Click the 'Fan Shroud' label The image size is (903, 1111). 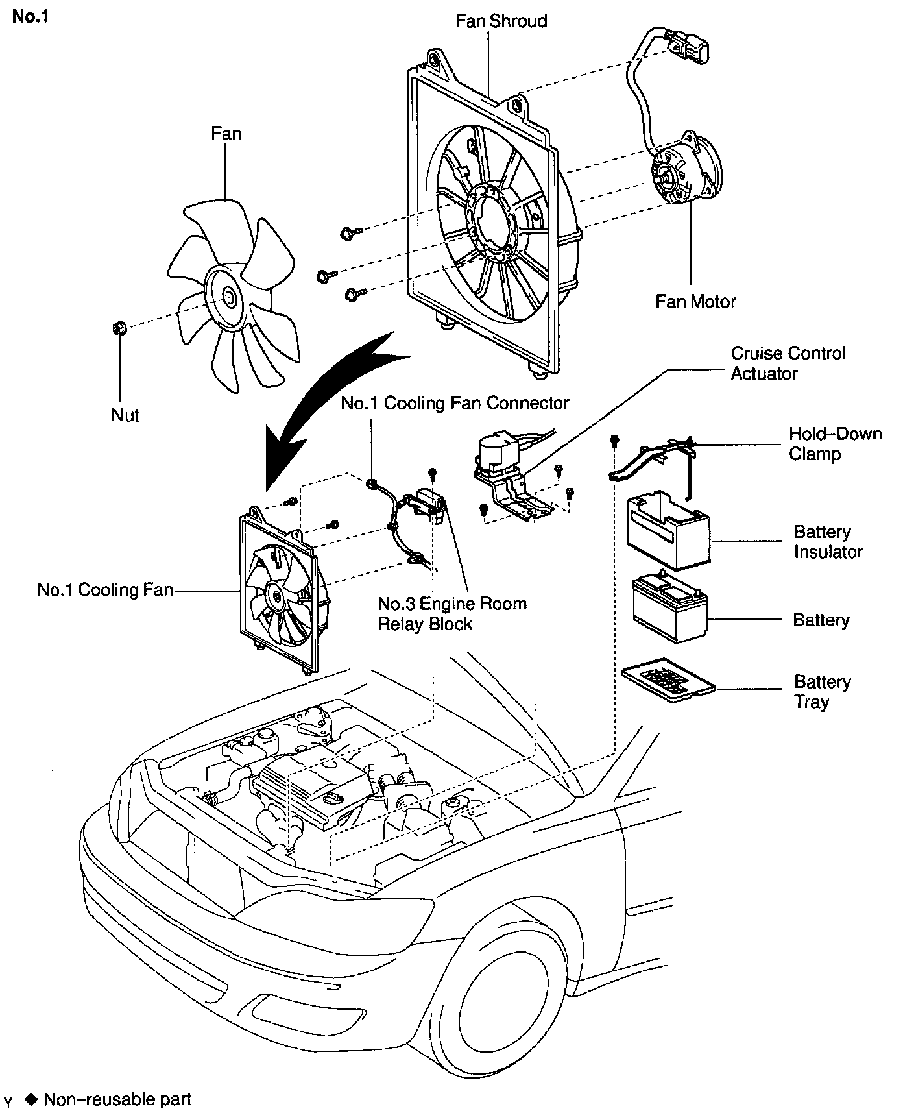tap(501, 21)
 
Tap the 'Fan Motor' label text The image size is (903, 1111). tap(695, 301)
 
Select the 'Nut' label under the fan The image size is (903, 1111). tap(125, 415)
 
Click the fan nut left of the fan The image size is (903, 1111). tap(119, 328)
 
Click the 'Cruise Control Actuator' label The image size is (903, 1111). tap(788, 363)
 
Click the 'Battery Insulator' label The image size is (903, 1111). tap(828, 542)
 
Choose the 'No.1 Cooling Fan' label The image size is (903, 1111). tap(105, 590)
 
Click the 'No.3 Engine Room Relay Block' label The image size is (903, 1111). tap(452, 614)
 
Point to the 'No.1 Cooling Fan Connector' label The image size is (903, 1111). tap(455, 403)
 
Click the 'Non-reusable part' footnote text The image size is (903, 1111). tap(117, 1099)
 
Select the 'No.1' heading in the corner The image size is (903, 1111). tap(30, 17)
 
